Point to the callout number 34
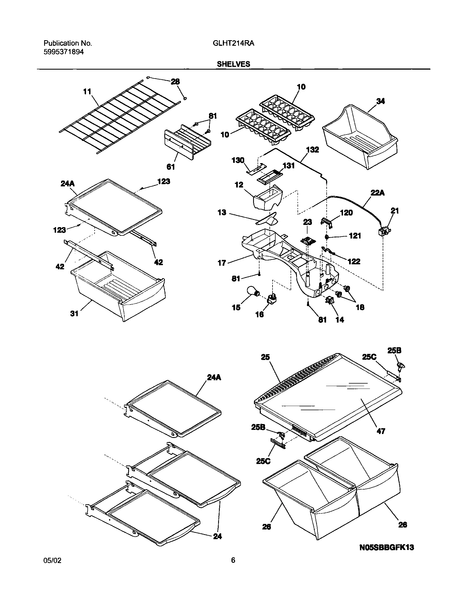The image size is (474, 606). pos(380,101)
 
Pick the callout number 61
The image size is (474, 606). pos(170,167)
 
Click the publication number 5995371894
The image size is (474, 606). pos(64,52)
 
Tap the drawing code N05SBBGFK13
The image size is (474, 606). pos(387,547)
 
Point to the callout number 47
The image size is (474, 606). pos(381,431)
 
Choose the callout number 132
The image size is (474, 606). pos(312,150)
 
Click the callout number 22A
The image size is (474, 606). pos(378,192)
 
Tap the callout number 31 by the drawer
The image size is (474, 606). pos(74,314)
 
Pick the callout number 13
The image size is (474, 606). pos(222,212)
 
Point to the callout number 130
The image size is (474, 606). pos(238,160)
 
